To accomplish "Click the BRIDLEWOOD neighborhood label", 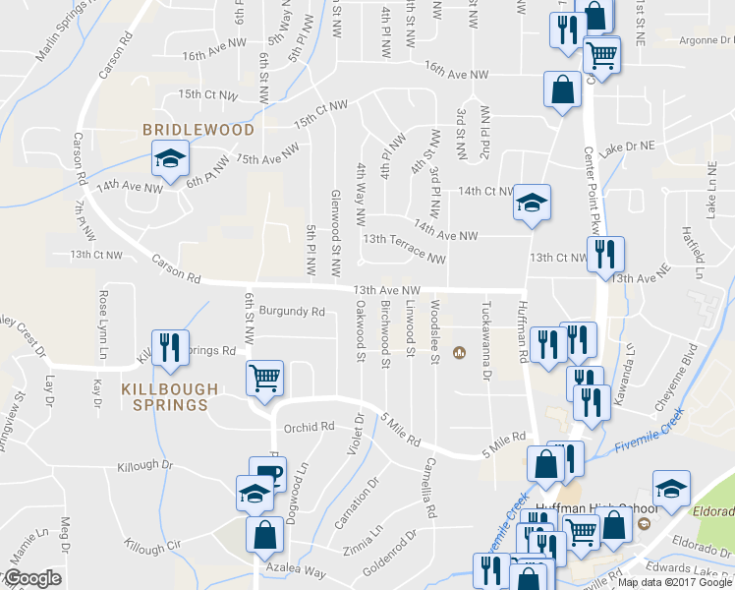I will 198,130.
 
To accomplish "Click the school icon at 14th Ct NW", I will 532,204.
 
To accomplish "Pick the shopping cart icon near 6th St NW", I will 264,378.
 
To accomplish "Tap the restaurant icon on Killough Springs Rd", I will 169,347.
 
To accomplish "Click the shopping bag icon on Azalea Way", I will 264,536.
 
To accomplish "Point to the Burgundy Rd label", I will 292,312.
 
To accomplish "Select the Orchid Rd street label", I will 310,428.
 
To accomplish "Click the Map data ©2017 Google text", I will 675,582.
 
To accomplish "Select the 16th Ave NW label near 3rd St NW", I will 457,71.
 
